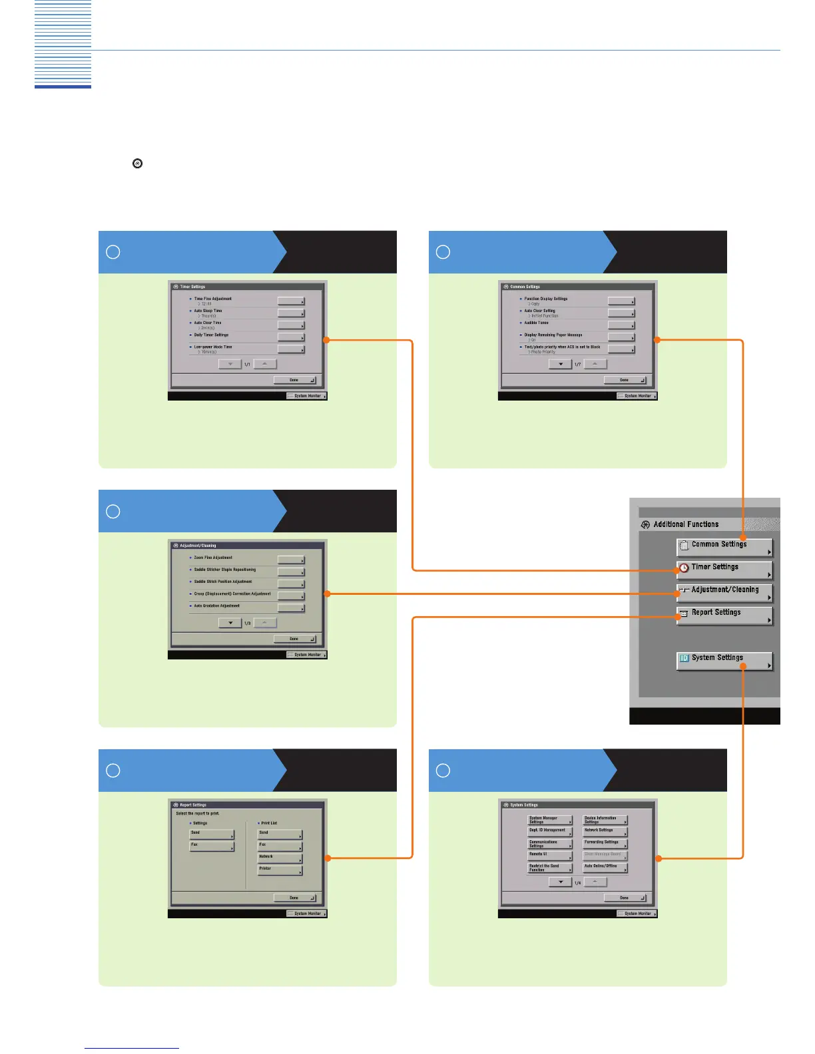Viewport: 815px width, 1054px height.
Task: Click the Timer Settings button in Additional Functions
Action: coord(724,570)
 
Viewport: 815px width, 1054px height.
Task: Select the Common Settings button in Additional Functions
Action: coord(724,547)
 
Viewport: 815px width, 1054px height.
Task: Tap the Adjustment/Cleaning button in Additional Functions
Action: coord(724,592)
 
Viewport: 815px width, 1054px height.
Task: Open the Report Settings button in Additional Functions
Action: coord(724,615)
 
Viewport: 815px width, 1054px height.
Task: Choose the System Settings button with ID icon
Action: coord(724,660)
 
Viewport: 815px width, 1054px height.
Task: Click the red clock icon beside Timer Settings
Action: coord(684,568)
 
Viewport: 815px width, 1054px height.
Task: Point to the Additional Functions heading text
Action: coord(686,524)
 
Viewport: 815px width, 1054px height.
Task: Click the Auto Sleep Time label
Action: coord(208,311)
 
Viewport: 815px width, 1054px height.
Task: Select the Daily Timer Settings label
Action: coord(211,335)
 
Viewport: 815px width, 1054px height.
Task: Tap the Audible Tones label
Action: coord(537,323)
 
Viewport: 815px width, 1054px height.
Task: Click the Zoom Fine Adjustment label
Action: coord(213,558)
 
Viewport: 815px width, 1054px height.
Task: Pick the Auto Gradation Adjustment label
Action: coord(217,606)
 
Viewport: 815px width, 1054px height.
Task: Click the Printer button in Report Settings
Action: coord(280,870)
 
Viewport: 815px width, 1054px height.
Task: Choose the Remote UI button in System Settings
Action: coord(549,855)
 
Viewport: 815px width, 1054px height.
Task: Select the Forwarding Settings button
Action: coord(605,843)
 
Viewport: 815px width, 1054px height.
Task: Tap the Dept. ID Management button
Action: coord(549,831)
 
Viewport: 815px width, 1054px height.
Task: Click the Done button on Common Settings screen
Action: coord(625,380)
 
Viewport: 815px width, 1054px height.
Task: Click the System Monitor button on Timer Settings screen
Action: coord(307,396)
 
